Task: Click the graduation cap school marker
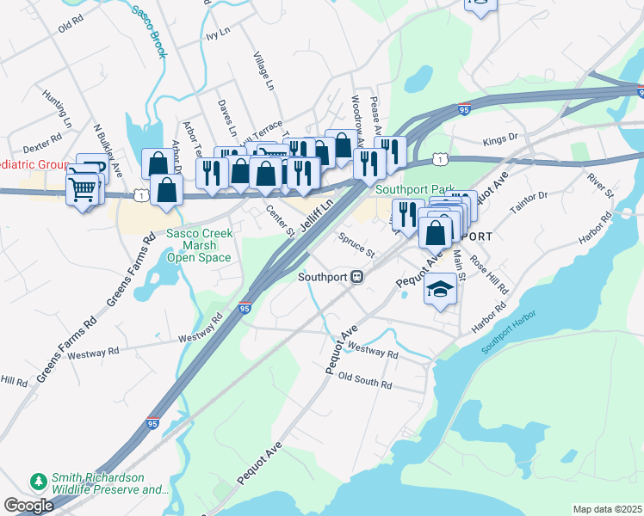(x=440, y=290)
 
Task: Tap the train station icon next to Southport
(x=356, y=277)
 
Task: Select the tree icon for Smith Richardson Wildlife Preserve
(x=38, y=479)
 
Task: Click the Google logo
(x=28, y=506)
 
